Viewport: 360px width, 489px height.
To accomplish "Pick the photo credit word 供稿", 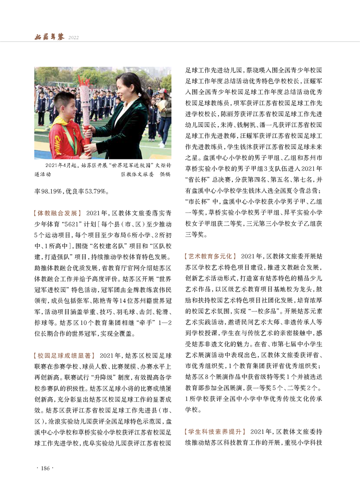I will tap(164, 174).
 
